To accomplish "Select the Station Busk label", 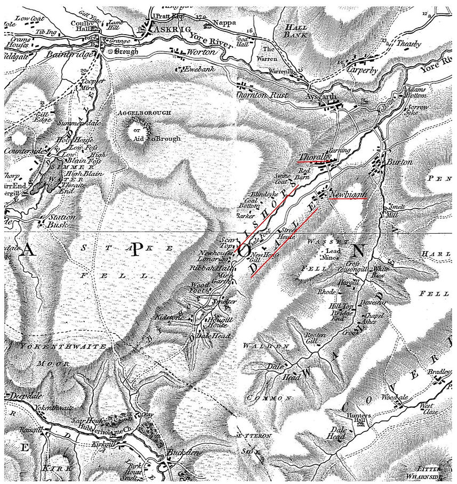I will click(x=61, y=221).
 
